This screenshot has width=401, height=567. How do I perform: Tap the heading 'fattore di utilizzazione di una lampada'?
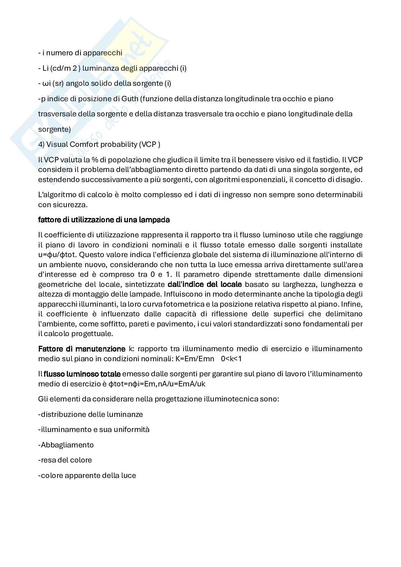click(x=104, y=219)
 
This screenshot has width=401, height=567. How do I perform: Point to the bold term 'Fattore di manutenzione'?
click(x=82, y=349)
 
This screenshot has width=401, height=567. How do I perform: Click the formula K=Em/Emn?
click(x=195, y=359)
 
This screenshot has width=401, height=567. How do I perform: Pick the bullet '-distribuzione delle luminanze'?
click(x=91, y=414)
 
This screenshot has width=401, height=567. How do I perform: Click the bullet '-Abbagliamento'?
click(x=66, y=445)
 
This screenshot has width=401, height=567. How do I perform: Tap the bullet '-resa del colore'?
click(x=65, y=460)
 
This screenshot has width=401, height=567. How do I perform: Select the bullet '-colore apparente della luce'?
click(x=87, y=475)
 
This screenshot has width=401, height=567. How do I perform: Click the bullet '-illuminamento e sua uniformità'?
click(x=94, y=429)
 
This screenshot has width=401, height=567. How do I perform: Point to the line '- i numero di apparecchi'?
click(x=80, y=53)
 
